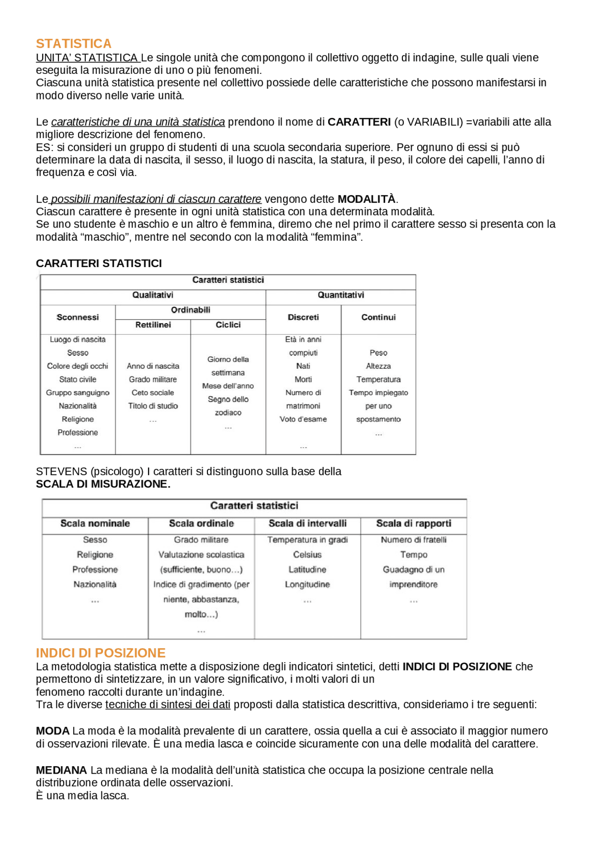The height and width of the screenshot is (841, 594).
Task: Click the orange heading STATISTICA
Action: [x=73, y=44]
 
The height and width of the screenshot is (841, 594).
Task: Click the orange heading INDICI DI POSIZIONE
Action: [x=100, y=653]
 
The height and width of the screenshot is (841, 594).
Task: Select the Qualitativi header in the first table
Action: [x=153, y=295]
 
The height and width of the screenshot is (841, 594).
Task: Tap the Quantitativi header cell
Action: [x=341, y=295]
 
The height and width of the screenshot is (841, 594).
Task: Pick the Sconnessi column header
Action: [x=77, y=317]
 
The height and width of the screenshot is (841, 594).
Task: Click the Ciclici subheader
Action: [x=228, y=325]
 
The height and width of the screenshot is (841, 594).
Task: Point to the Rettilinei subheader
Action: [x=153, y=325]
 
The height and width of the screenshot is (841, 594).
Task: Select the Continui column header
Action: [x=378, y=317]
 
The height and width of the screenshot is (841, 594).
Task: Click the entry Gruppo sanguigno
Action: [x=77, y=392]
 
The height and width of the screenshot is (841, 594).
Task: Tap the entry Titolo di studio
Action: [x=153, y=406]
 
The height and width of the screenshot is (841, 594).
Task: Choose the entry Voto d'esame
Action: [x=303, y=419]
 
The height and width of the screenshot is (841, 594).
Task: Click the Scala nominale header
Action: [x=95, y=523]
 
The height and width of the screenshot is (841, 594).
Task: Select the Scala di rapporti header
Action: [x=413, y=523]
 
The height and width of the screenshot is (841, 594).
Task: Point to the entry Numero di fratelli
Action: [x=413, y=540]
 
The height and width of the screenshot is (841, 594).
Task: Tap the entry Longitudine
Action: [x=307, y=584]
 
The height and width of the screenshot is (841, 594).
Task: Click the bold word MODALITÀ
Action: [x=366, y=199]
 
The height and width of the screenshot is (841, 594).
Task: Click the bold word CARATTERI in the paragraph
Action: [x=359, y=122]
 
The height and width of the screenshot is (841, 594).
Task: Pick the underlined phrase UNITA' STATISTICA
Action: [x=87, y=58]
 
